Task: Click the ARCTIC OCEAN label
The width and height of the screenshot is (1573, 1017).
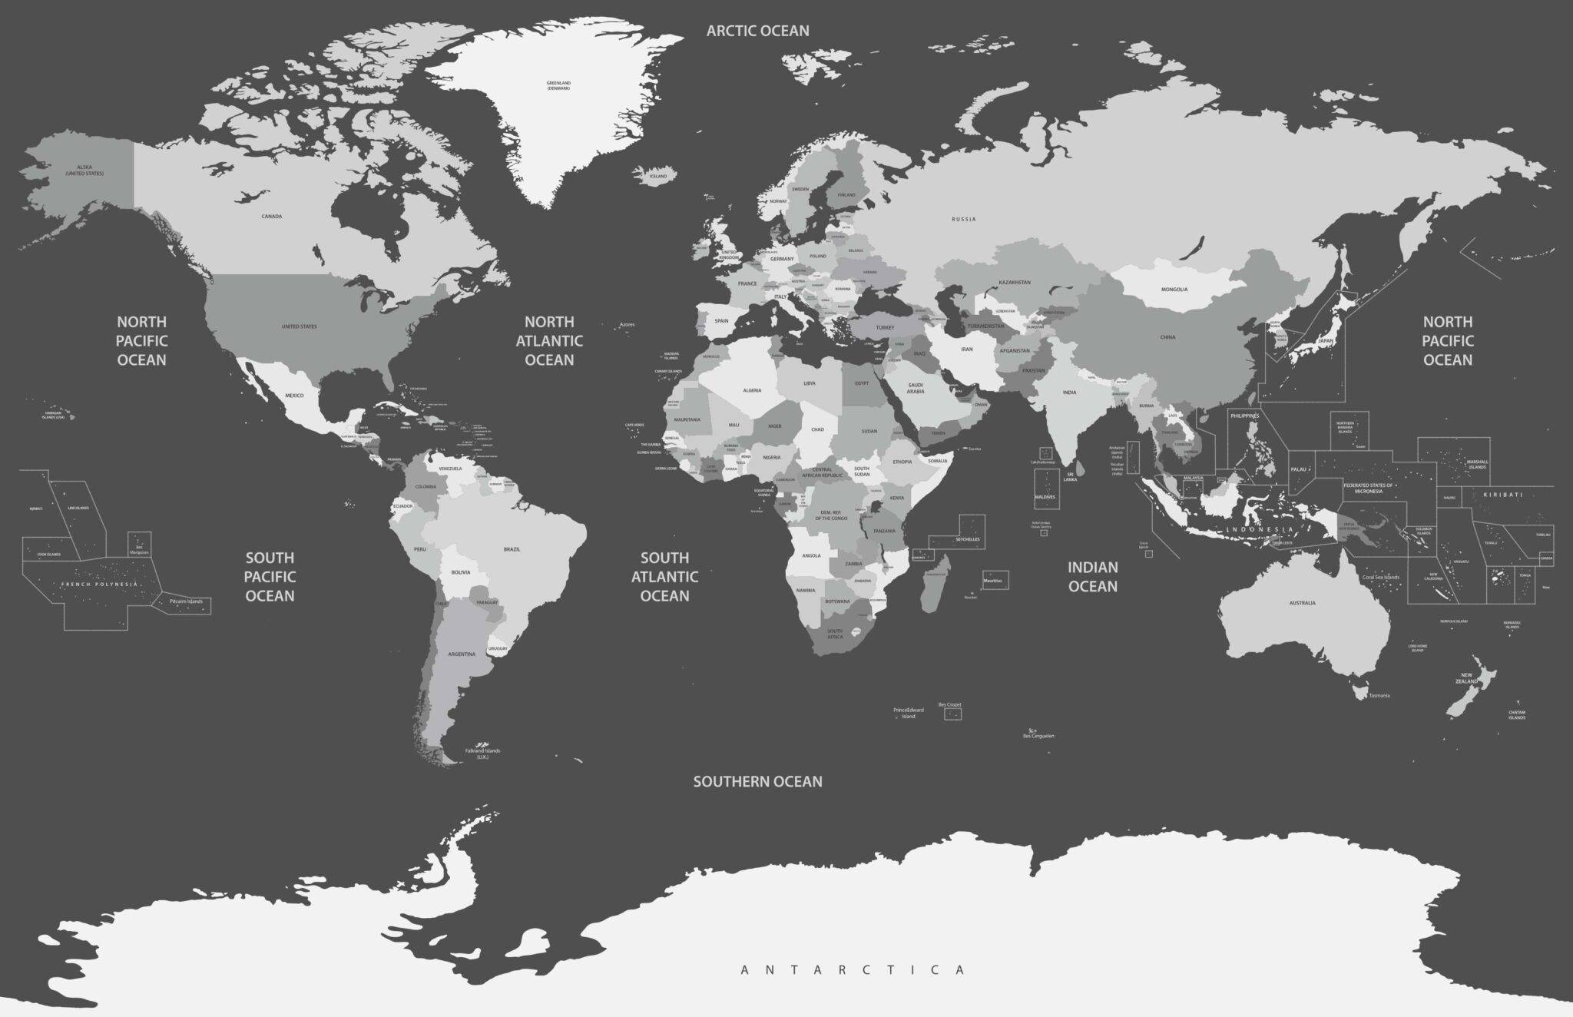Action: (757, 31)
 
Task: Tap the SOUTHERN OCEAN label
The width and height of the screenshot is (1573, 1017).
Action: (757, 781)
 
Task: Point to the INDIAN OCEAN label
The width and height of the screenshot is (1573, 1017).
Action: (1092, 576)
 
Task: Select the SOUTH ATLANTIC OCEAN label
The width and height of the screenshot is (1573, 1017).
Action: (664, 576)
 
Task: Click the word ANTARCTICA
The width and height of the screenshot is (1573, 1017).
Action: (853, 970)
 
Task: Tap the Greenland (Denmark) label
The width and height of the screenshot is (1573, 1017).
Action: (558, 85)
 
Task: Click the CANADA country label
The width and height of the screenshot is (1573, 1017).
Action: (271, 217)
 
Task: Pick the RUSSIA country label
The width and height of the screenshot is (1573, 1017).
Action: (963, 220)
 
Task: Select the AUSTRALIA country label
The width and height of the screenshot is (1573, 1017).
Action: (1302, 603)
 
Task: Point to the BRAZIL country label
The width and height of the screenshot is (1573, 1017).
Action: (512, 549)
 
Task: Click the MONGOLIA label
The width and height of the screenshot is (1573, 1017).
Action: (1174, 290)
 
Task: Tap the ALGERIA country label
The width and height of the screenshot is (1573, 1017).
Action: (752, 390)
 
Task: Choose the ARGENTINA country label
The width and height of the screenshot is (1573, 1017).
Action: (462, 654)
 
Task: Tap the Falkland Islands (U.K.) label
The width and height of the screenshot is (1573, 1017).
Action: (482, 754)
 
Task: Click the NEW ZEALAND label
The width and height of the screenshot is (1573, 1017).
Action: (1466, 677)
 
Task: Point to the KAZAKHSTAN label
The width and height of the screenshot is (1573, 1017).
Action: (1015, 283)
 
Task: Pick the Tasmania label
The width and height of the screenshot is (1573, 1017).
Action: (1379, 696)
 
